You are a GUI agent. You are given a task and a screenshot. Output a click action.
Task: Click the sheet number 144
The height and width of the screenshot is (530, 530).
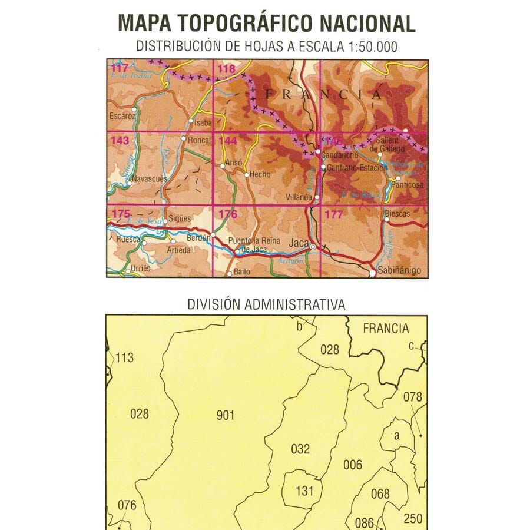[227, 141]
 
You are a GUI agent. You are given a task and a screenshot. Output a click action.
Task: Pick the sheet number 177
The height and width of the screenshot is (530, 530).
[333, 215]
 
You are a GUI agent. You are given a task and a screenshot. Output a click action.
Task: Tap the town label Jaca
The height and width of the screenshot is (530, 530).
[299, 242]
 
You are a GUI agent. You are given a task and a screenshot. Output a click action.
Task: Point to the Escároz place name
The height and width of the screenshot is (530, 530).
[122, 117]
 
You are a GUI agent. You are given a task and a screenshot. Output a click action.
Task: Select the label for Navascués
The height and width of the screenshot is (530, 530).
[150, 178]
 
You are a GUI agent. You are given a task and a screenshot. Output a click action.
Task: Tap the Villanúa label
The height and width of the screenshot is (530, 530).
[299, 198]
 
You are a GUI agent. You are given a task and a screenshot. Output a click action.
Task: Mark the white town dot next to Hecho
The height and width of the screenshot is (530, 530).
[246, 174]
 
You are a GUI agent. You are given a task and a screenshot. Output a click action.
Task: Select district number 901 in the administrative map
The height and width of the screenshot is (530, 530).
[226, 416]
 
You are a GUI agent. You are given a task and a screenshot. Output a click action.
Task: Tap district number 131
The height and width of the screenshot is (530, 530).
[305, 490]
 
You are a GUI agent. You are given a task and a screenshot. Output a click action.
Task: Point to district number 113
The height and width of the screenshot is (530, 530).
[125, 357]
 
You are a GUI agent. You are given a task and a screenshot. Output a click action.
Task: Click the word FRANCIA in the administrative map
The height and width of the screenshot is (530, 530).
[386, 329]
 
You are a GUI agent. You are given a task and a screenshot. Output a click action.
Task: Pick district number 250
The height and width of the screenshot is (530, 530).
[413, 518]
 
